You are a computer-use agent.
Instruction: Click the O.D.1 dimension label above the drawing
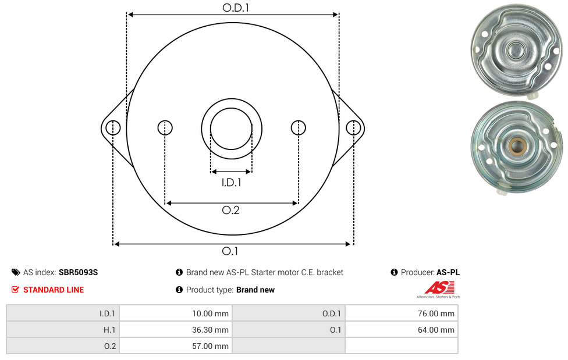[236, 8]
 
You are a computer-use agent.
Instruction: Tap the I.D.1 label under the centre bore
[231, 183]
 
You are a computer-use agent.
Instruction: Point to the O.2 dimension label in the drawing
[230, 210]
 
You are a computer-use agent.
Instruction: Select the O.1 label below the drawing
[230, 251]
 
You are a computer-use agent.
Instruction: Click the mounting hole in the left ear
[113, 127]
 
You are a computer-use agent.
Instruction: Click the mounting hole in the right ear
[353, 127]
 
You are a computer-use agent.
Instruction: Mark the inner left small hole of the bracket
[165, 127]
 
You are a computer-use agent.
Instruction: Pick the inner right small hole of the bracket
[299, 127]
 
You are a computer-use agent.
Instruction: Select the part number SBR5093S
[78, 272]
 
